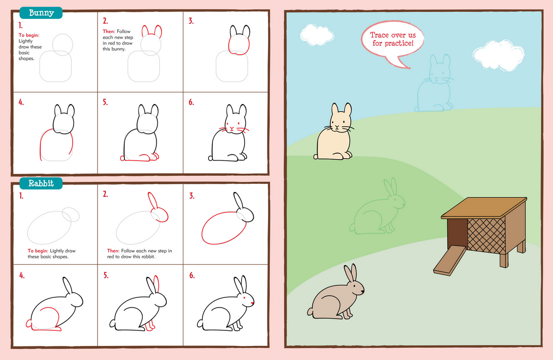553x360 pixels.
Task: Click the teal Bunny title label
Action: click(x=41, y=13)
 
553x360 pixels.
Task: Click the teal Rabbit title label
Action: click(x=41, y=183)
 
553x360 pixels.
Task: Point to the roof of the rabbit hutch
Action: click(x=484, y=208)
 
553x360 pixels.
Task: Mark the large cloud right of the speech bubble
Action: click(x=498, y=55)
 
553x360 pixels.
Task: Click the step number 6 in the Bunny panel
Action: click(x=191, y=102)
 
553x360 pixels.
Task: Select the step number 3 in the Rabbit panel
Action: click(x=191, y=196)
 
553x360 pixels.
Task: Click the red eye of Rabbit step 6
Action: click(x=245, y=298)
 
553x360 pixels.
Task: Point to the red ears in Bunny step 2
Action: click(x=152, y=32)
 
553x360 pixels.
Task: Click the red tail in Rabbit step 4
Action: click(x=29, y=324)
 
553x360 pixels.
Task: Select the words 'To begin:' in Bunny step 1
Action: click(x=29, y=35)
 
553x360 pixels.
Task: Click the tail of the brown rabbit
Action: click(x=310, y=311)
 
